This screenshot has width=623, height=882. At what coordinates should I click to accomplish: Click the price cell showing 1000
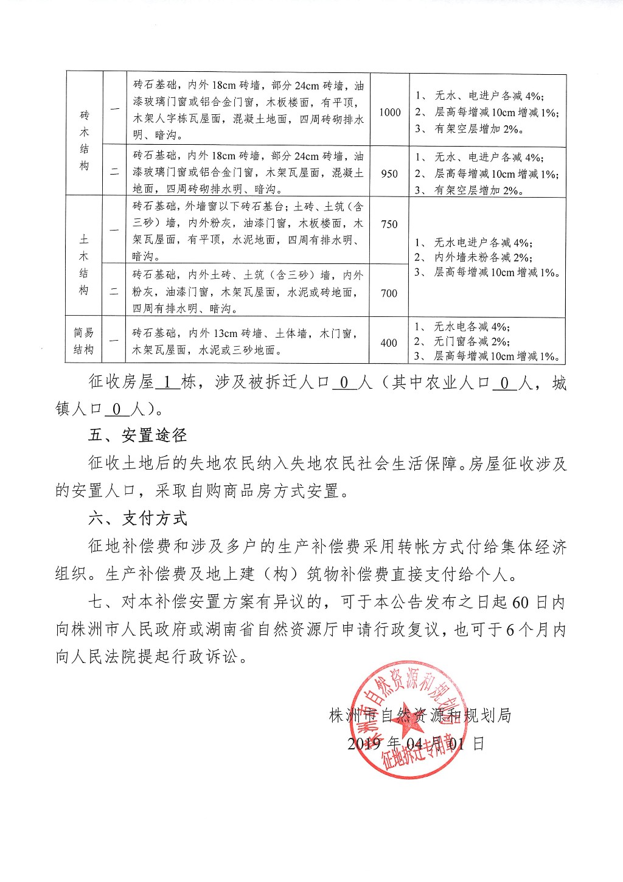click(389, 112)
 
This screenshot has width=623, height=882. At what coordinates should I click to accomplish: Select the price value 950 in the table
click(389, 173)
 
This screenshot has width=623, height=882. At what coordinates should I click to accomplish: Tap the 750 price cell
click(389, 224)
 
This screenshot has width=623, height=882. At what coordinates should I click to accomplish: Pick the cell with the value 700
click(389, 293)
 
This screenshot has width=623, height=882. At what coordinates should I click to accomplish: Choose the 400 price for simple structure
click(389, 342)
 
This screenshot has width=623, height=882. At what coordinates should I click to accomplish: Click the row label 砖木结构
click(84, 140)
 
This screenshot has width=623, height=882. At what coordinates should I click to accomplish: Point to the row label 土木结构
click(84, 265)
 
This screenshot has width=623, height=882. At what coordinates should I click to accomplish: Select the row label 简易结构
click(84, 341)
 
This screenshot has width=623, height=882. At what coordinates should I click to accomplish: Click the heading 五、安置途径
click(137, 435)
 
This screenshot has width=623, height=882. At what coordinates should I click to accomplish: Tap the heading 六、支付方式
click(137, 518)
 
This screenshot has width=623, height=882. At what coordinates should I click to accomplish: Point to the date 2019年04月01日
click(416, 743)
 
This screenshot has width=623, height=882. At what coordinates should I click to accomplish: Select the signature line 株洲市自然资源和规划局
click(420, 715)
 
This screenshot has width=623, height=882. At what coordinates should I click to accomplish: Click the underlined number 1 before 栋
click(168, 383)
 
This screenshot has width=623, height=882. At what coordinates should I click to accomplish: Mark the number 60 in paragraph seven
click(520, 602)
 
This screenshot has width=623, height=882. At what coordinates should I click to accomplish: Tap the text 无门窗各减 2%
click(472, 341)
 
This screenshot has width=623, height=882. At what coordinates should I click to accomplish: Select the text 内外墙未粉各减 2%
click(483, 257)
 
